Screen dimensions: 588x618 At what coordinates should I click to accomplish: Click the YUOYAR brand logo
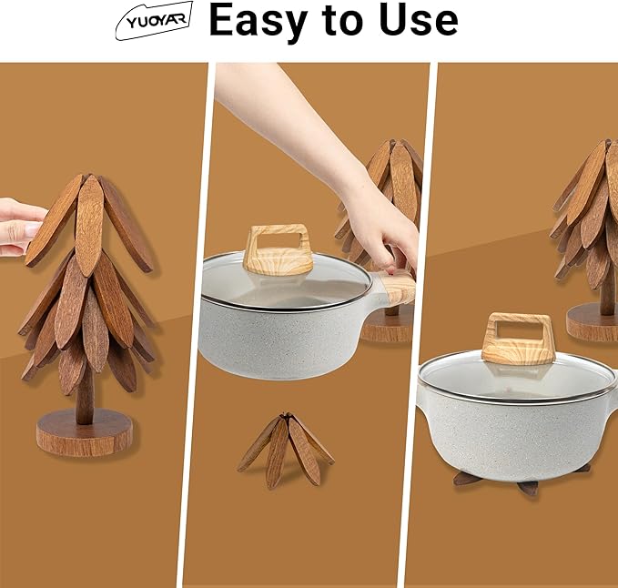coord(153,20)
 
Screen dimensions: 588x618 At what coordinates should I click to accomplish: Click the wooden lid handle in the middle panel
coord(278,249)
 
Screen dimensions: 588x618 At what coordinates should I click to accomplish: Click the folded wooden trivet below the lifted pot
coord(285,448)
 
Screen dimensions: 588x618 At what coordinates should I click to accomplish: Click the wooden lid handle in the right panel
coord(517,338)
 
